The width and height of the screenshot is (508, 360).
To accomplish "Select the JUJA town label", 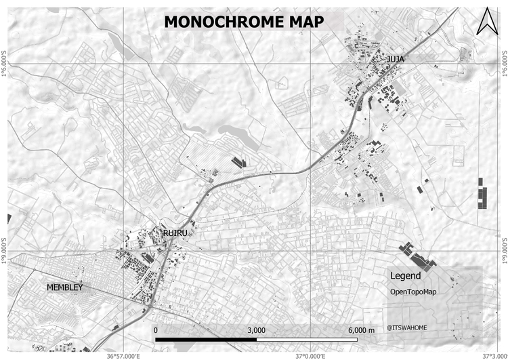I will pos(396,60).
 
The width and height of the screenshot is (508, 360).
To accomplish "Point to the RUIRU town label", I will pos(175,233).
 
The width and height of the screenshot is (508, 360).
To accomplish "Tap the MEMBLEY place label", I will pos(64,288).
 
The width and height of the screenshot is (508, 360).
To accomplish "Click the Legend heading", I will pos(406,276).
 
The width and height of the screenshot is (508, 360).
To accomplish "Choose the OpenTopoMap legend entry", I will pos(413,292).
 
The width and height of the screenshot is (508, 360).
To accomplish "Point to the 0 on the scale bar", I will pos(156,329).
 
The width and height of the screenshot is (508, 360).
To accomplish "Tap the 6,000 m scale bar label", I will pos(361,329).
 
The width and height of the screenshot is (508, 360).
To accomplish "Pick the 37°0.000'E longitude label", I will pos(310,355).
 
